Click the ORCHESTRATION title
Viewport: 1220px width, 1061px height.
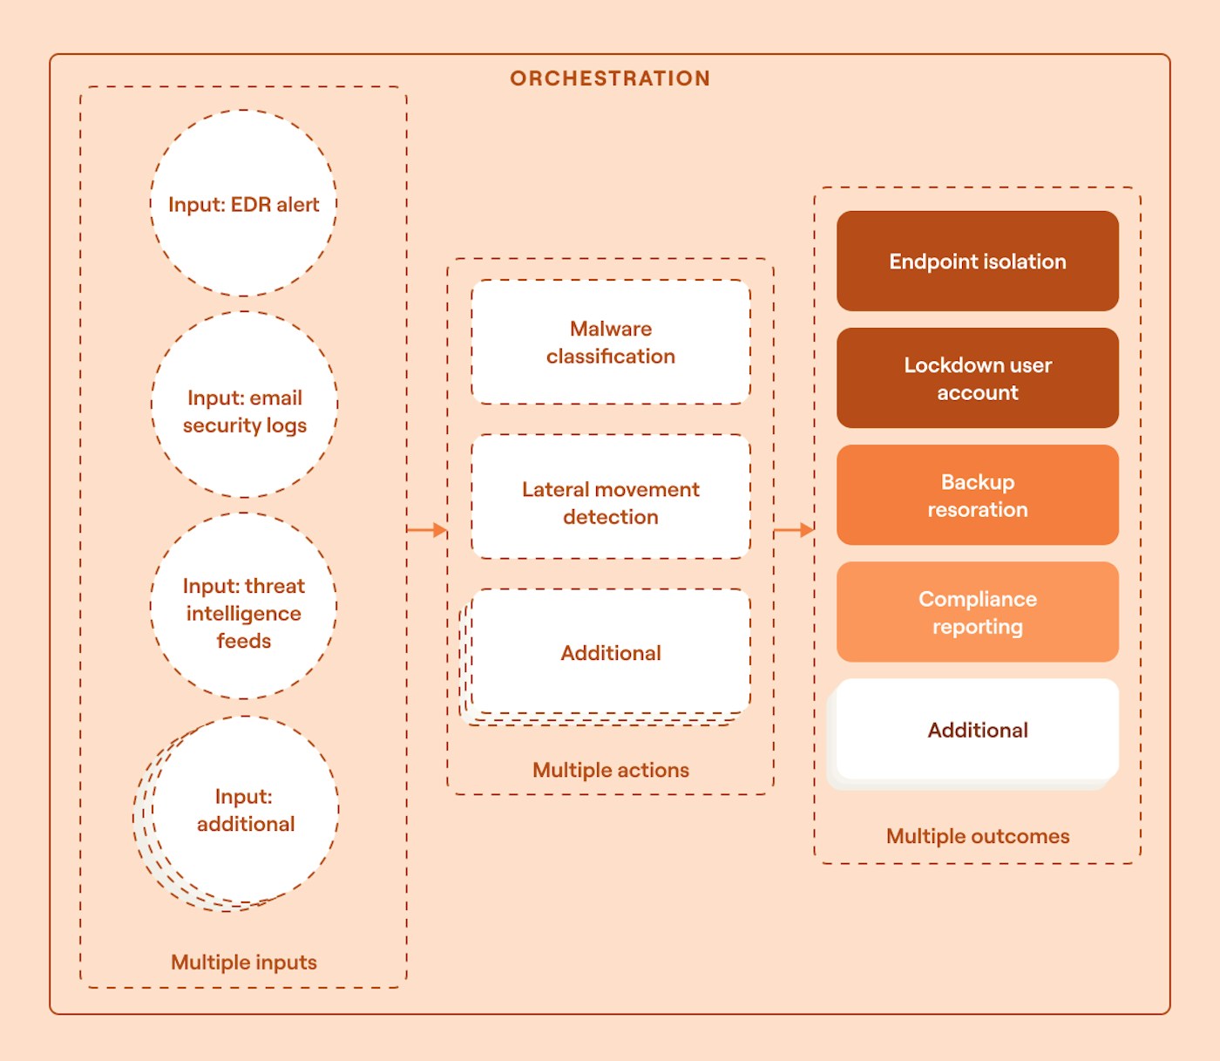(610, 78)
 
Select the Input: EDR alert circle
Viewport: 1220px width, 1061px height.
(244, 204)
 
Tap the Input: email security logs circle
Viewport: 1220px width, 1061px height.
(245, 405)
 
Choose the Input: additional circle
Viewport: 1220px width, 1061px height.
(245, 810)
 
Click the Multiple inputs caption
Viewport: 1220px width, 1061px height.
(244, 962)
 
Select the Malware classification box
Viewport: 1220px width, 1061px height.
(611, 342)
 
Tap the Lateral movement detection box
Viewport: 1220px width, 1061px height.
(611, 497)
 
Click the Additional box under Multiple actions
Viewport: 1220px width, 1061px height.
(611, 652)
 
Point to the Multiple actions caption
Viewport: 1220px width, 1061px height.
(611, 770)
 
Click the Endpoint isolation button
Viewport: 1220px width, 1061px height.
(978, 262)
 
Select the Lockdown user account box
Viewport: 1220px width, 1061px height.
(978, 378)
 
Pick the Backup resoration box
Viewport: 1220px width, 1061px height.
(978, 495)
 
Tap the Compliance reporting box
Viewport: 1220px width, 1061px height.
(978, 612)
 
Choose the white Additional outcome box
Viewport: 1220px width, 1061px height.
(978, 730)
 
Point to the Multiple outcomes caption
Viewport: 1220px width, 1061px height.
(978, 836)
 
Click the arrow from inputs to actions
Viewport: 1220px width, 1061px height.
(427, 529)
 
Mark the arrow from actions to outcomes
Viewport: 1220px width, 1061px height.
(794, 529)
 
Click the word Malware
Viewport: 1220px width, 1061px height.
(611, 329)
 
